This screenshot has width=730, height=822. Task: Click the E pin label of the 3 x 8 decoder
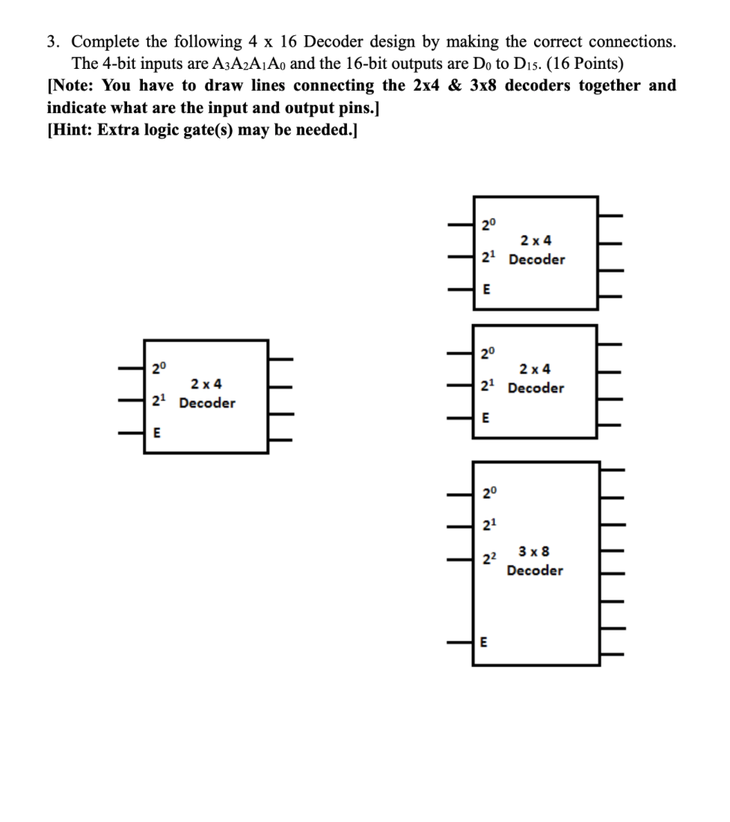(483, 642)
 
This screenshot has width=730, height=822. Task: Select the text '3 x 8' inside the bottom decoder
(535, 552)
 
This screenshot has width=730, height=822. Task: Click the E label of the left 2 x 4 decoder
(156, 432)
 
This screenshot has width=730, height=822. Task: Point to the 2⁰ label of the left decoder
(158, 368)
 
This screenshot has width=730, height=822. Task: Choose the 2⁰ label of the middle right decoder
(487, 352)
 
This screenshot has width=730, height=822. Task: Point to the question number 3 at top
(52, 42)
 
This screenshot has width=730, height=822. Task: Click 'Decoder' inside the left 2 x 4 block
(207, 403)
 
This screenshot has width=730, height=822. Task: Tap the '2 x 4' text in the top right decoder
(536, 240)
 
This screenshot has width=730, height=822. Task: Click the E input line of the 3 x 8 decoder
(460, 642)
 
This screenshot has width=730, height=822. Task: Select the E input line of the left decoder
(132, 432)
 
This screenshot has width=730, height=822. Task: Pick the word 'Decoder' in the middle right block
(536, 388)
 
